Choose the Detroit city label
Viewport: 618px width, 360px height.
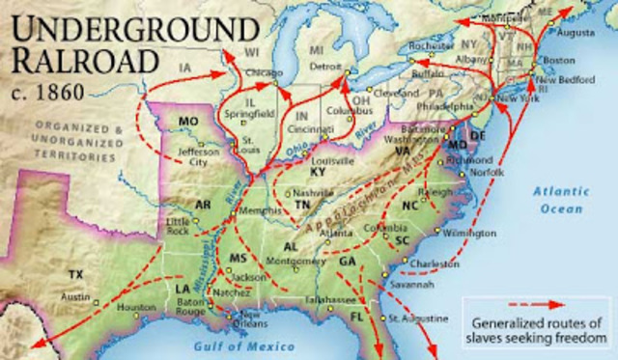[327, 67]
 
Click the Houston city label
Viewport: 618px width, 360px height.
[136, 308]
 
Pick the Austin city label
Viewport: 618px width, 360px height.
[75, 297]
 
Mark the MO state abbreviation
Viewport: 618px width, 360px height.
[188, 122]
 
